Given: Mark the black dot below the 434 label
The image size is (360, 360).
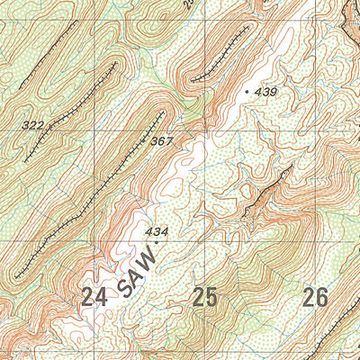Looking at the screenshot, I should click(x=157, y=242).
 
